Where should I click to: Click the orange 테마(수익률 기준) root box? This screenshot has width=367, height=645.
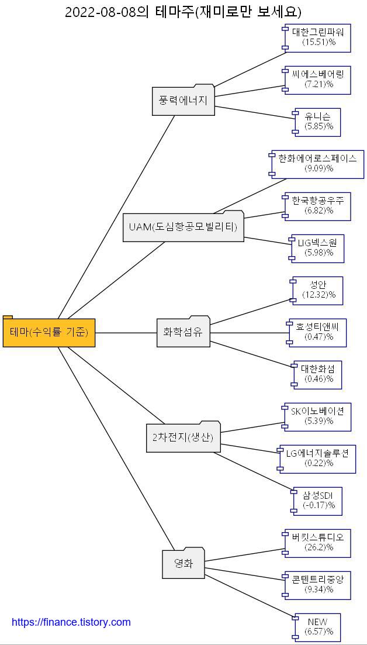(x=49, y=333)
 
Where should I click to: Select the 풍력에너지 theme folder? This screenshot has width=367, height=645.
(x=183, y=101)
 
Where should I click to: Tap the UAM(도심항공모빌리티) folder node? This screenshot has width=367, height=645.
(x=183, y=227)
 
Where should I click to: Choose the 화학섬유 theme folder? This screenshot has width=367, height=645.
(x=183, y=333)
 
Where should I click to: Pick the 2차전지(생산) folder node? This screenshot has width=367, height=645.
(x=183, y=437)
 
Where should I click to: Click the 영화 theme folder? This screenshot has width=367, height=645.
(x=183, y=564)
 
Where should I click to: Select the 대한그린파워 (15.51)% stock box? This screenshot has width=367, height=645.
(x=318, y=37)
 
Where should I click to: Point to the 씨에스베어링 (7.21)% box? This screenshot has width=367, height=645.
(x=318, y=80)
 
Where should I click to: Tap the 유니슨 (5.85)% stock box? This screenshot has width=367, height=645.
(x=318, y=122)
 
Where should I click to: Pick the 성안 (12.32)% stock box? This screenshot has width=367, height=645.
(x=318, y=290)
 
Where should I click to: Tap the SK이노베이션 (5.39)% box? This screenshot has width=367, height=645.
(x=318, y=416)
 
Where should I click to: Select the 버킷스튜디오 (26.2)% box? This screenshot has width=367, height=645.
(x=318, y=543)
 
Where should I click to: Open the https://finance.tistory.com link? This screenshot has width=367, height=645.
(x=71, y=622)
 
